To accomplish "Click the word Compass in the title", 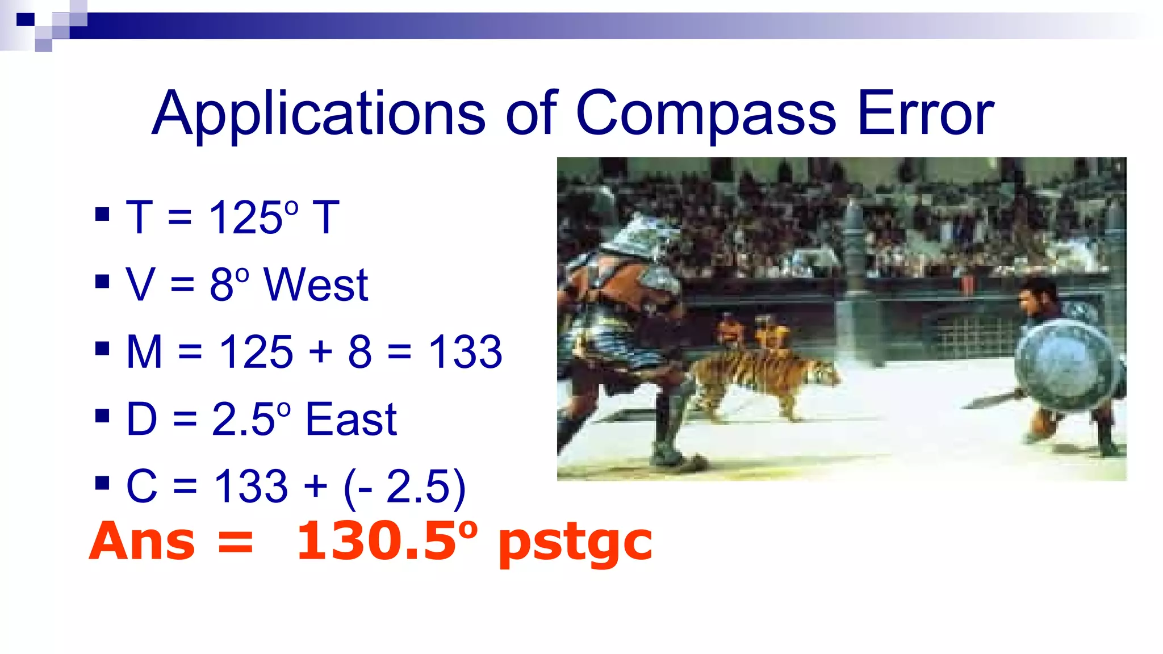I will (x=705, y=115).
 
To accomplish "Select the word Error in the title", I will (x=926, y=115).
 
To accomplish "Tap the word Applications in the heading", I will (x=319, y=115).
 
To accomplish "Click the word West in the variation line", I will (x=316, y=285).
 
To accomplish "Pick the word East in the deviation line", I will (x=351, y=420).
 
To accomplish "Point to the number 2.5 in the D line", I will (x=244, y=420).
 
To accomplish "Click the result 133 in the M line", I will (x=465, y=352).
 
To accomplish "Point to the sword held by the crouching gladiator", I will (x=991, y=400).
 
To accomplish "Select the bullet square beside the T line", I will (x=102, y=215).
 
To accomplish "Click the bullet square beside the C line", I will (x=102, y=483).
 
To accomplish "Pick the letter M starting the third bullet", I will (x=144, y=352).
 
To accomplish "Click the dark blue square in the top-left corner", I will (x=25, y=20).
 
